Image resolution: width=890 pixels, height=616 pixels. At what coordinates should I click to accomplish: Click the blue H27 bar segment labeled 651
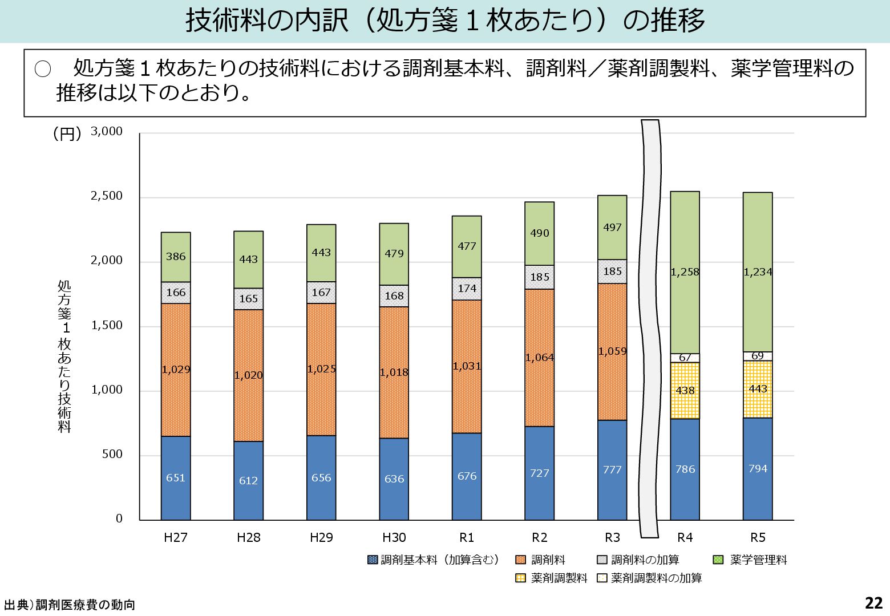pyautogui.click(x=176, y=478)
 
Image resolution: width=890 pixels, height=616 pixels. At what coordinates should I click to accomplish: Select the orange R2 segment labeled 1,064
pyautogui.click(x=539, y=358)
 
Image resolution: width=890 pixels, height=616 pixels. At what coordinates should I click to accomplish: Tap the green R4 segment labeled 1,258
pyautogui.click(x=685, y=272)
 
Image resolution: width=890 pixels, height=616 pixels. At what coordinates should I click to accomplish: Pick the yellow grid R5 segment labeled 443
pyautogui.click(x=758, y=389)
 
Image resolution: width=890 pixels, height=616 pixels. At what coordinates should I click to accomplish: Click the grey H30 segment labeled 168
pyautogui.click(x=394, y=296)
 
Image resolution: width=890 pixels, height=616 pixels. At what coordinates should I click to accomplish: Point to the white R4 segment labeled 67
pyautogui.click(x=685, y=358)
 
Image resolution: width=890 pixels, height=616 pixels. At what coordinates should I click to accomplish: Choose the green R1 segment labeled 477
pyautogui.click(x=467, y=246)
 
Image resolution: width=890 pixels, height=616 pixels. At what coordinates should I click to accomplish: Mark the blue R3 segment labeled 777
pyautogui.click(x=612, y=470)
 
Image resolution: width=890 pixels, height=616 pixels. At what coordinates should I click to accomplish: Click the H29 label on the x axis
pyautogui.click(x=321, y=537)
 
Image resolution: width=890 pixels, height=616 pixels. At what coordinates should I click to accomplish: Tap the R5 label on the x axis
pyautogui.click(x=758, y=537)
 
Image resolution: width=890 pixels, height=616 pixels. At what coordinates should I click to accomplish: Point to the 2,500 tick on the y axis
pyautogui.click(x=107, y=196)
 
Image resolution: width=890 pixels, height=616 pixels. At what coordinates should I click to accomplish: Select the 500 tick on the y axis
pyautogui.click(x=112, y=455)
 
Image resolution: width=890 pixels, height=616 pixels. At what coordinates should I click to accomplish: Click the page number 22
pyautogui.click(x=873, y=603)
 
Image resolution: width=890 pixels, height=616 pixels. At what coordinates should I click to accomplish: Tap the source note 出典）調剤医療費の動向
pyautogui.click(x=70, y=605)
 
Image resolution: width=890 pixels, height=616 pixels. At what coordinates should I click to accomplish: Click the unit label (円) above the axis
pyautogui.click(x=67, y=133)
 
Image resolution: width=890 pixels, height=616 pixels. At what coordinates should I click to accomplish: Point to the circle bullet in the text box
pyautogui.click(x=43, y=70)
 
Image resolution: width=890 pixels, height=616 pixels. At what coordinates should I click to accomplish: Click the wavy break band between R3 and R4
pyautogui.click(x=650, y=328)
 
